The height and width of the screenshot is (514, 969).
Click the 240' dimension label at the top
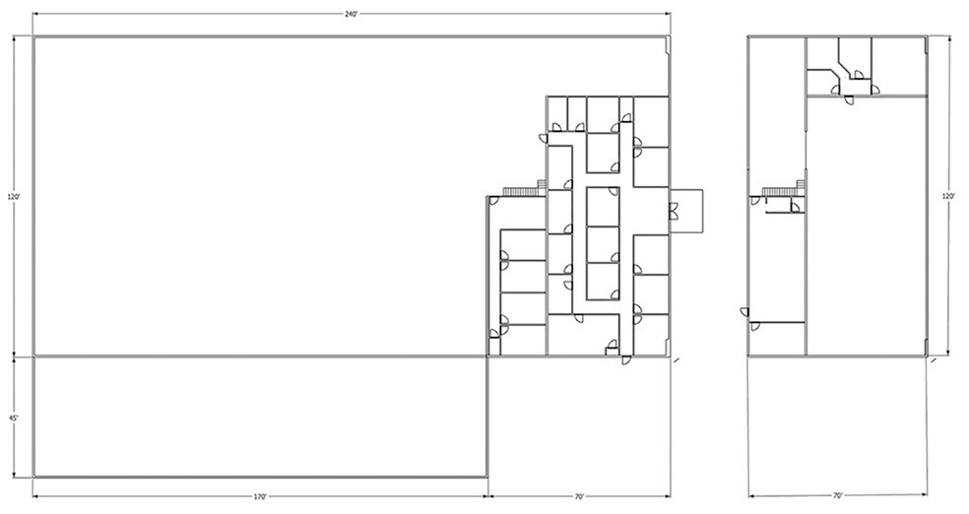[x=352, y=14]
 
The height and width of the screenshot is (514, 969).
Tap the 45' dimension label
[x=13, y=418]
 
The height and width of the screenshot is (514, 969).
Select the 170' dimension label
[x=260, y=496]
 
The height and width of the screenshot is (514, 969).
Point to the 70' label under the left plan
[x=579, y=496]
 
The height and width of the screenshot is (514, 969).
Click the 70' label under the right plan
[x=838, y=495]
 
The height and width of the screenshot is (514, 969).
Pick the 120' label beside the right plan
[x=948, y=197]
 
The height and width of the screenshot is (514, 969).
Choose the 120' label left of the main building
[x=14, y=197]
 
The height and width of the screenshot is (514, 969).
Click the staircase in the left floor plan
[x=525, y=190]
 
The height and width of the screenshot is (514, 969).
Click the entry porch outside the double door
[x=686, y=211]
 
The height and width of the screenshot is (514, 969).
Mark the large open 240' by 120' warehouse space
[x=260, y=196]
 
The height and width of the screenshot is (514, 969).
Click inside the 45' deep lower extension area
[x=260, y=417]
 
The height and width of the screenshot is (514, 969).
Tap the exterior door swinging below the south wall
[x=626, y=359]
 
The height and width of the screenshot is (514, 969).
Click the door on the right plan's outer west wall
[x=744, y=312]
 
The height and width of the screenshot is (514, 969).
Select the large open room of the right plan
[x=866, y=226]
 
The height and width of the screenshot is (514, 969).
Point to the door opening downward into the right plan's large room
[x=849, y=100]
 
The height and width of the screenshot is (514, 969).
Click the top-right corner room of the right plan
[x=899, y=66]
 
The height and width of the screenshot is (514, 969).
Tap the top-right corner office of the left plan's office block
[x=651, y=122]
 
